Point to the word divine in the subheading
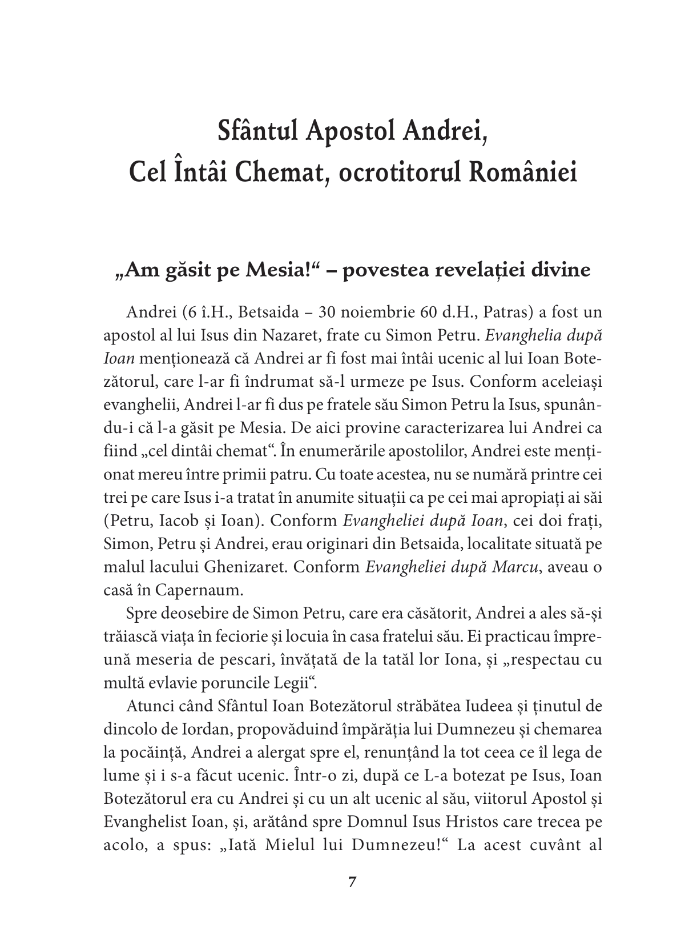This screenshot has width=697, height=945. [x=562, y=270]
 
